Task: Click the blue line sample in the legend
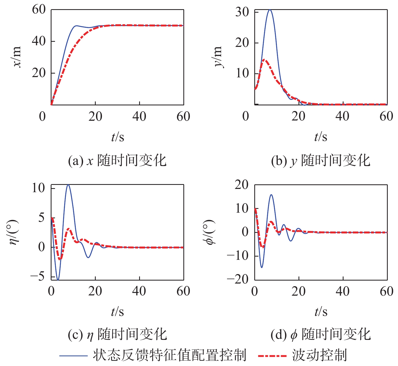pos(73,356)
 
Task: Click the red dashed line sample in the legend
pos(272,356)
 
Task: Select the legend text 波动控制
pos(319,355)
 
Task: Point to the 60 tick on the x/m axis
pos(39,10)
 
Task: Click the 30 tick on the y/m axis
pos(242,12)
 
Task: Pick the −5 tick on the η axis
pos(37,277)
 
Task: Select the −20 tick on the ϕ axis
pos(238,279)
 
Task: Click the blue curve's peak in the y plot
pos(270,10)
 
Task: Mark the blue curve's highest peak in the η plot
pos(68,185)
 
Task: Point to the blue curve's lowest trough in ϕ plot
pos(262,267)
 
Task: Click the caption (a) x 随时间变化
pos(117,161)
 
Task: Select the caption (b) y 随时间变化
pos(321,161)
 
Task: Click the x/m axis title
pos(17,57)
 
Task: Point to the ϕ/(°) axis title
pos(210,232)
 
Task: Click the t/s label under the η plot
pos(118,312)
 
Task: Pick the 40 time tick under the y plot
pos(342,116)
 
